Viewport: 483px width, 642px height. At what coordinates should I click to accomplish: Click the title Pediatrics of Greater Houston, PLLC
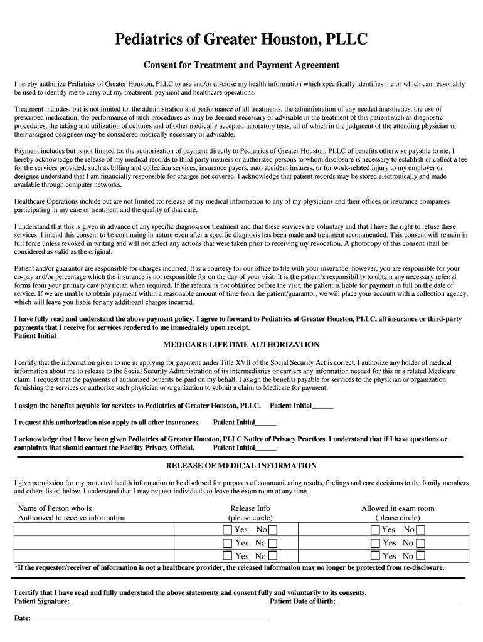coord(241,41)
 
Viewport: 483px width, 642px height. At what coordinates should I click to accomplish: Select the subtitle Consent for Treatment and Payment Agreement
coord(242,65)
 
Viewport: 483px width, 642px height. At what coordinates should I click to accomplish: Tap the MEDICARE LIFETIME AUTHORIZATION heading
coord(242,345)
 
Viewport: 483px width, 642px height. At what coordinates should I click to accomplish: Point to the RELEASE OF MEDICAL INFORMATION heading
coord(242,466)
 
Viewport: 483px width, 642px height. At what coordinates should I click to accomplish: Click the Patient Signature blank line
coord(169,603)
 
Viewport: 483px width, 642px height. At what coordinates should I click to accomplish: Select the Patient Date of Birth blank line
coord(398,603)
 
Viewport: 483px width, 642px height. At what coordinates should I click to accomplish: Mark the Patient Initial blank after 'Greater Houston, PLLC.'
coord(322,407)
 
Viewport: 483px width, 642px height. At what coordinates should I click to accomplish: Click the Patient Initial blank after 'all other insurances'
coord(266,423)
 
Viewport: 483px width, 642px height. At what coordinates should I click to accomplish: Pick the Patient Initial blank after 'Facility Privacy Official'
coord(266,448)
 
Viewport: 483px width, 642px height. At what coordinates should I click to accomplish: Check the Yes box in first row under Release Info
coord(227,530)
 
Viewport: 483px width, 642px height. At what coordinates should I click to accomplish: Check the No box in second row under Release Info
coord(273,543)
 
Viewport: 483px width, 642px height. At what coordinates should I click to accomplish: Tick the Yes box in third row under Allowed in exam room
coord(375,556)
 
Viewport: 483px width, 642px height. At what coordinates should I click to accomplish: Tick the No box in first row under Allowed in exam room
coord(421,530)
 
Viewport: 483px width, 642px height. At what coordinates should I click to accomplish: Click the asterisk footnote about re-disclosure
coord(229,568)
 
